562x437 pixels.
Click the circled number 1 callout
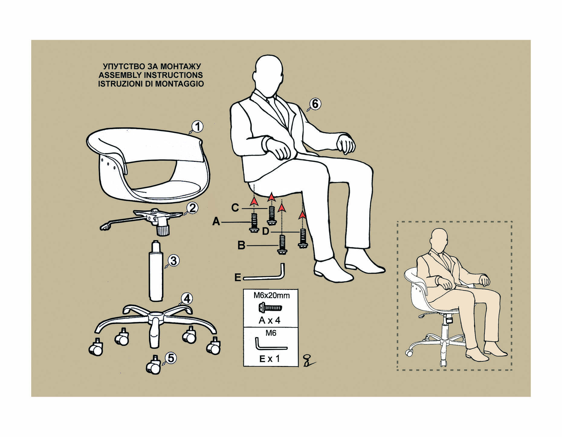pos(198,127)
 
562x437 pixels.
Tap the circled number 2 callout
pos(192,208)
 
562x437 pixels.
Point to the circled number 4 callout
pos(187,299)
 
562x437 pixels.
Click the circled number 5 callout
pos(171,358)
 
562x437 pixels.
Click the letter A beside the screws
pos(216,222)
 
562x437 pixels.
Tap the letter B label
pos(241,246)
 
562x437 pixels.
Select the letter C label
pos(235,208)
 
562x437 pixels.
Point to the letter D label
pos(266,232)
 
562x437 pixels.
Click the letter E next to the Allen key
pos(238,277)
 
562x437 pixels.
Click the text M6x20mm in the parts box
pos(271,295)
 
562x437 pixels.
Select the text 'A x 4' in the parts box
pos(270,320)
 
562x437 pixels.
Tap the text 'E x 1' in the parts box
pos(270,359)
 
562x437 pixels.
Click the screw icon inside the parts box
pos(270,308)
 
